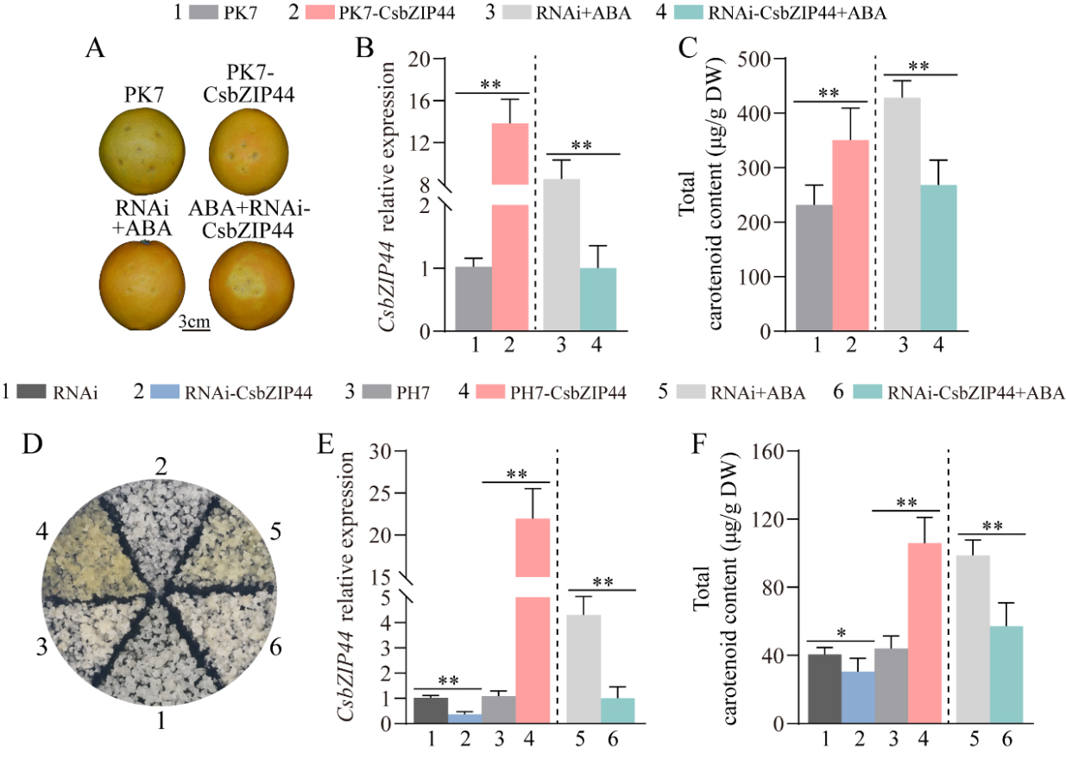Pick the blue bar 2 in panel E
(x=465, y=718)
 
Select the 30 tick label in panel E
(x=381, y=451)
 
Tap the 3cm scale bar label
(x=194, y=323)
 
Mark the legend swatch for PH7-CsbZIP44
(x=501, y=392)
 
